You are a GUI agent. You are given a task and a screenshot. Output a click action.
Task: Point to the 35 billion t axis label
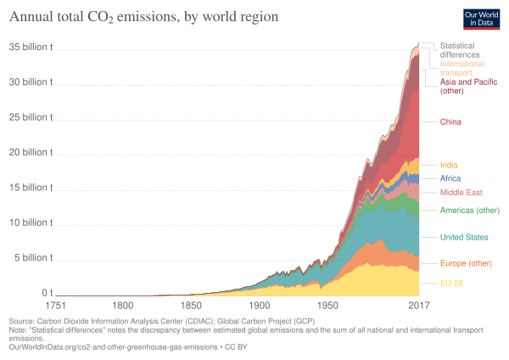[31, 48]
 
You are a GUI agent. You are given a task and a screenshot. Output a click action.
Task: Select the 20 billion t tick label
[31, 153]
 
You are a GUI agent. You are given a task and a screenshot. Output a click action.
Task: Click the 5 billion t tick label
[33, 257]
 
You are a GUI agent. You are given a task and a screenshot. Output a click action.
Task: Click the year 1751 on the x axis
[57, 304]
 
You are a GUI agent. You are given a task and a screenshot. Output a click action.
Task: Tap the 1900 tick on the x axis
[260, 304]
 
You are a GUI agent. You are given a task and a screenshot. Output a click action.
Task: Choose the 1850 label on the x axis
[191, 304]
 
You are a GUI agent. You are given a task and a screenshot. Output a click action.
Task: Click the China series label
[450, 121]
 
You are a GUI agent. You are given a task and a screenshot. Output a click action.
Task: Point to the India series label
[450, 164]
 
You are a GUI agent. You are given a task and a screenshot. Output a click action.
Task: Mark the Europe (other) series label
[465, 263]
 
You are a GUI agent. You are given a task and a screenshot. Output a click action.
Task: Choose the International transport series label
[461, 68]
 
